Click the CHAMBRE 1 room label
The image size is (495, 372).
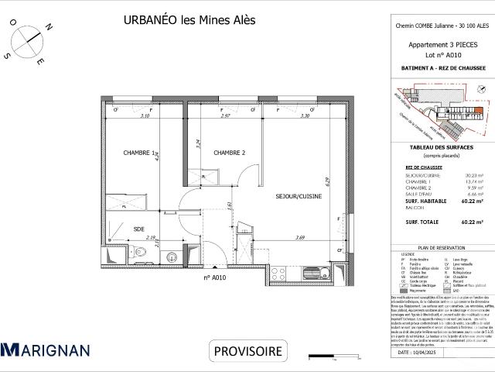[x=140, y=153]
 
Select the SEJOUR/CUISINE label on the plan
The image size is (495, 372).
[x=299, y=197]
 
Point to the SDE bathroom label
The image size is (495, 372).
[x=139, y=229]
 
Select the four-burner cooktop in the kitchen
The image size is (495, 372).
[x=284, y=271]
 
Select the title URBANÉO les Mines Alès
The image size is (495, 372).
[x=189, y=21]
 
